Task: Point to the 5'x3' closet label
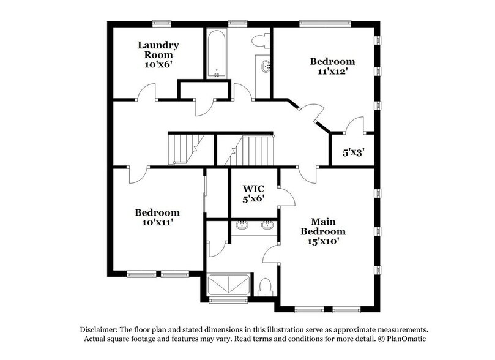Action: [x=351, y=151]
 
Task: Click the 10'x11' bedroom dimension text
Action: [x=157, y=223]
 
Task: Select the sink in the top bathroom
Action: [x=264, y=66]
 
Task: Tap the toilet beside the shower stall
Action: [x=266, y=287]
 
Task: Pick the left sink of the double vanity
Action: [x=240, y=225]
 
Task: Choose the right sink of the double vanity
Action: [x=267, y=225]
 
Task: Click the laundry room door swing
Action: [x=147, y=93]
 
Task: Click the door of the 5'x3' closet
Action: [x=352, y=127]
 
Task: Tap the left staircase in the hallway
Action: [x=182, y=149]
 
